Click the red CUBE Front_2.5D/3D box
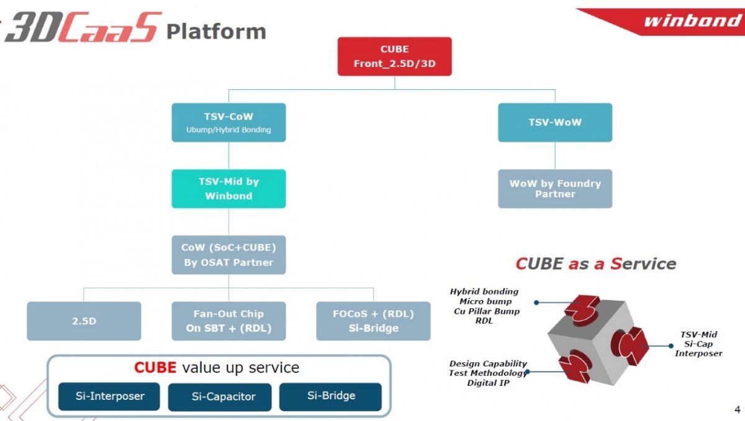(x=394, y=56)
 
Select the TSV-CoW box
(x=228, y=123)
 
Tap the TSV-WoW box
(x=555, y=123)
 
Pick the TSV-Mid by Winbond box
(x=228, y=188)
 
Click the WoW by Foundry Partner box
(x=555, y=188)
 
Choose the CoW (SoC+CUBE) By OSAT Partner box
(x=228, y=255)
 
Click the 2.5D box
(x=84, y=321)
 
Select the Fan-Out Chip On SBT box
(x=228, y=321)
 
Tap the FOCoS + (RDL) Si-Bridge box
(x=373, y=321)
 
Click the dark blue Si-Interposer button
(x=109, y=396)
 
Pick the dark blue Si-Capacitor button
(x=220, y=397)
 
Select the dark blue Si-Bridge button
(x=330, y=397)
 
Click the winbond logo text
(x=693, y=20)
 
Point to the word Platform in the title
(x=216, y=32)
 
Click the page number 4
(x=737, y=409)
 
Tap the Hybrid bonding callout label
(x=484, y=292)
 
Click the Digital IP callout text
(x=488, y=383)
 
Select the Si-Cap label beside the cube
(x=698, y=344)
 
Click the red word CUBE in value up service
(x=155, y=368)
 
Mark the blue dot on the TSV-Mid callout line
(x=671, y=346)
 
